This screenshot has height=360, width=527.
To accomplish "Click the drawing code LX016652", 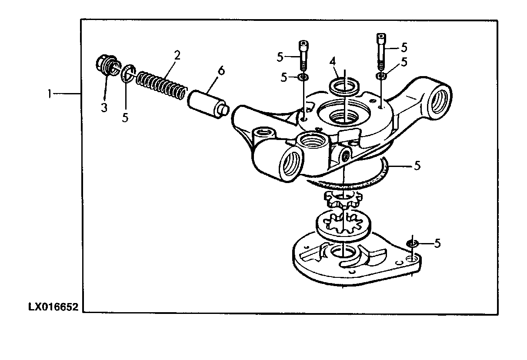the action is (53, 307).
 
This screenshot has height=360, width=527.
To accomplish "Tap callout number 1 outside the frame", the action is (50, 94).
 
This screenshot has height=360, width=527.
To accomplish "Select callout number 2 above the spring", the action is (177, 56).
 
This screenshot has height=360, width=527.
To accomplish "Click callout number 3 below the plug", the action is (104, 107).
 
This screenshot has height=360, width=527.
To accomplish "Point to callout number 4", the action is (333, 62).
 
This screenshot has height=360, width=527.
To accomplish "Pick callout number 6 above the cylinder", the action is (221, 70).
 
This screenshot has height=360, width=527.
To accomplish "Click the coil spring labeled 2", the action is (162, 86).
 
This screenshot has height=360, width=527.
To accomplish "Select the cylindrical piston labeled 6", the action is (208, 104).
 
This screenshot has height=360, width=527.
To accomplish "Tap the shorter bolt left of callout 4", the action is (304, 55).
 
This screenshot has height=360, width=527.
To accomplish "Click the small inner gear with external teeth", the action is (343, 200).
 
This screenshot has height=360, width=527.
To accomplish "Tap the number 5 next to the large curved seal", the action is (417, 166).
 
